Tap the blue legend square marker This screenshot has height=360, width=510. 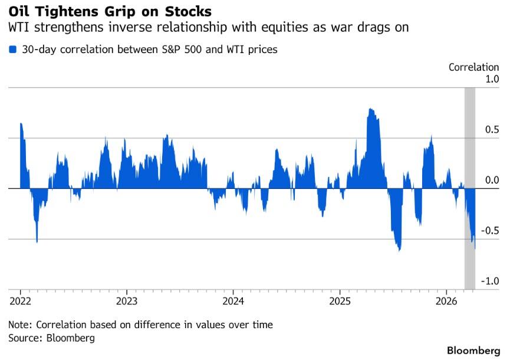coord(13,50)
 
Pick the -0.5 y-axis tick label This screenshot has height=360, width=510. coord(489,231)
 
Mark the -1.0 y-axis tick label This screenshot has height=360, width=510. coord(489,281)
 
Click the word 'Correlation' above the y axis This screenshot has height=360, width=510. coord(474,67)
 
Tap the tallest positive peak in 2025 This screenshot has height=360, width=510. coord(370,110)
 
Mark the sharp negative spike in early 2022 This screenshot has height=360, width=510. coord(37,241)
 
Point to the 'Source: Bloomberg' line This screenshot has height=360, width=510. coord(51,338)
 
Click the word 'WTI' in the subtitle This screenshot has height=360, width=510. coord(19,28)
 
